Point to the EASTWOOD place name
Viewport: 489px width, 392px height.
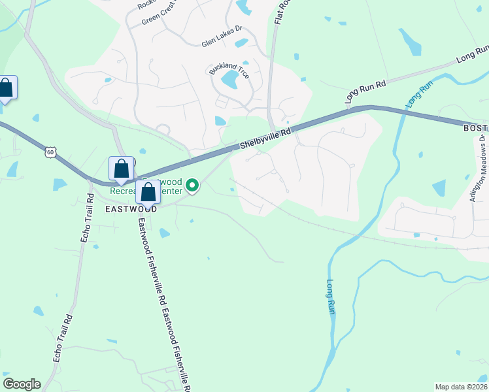pos(131,209)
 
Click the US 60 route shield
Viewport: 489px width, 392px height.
pos(51,152)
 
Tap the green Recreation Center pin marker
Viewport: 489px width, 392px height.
pos(192,187)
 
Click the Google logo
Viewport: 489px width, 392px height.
pos(22,384)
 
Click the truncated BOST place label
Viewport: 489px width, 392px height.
pos(475,129)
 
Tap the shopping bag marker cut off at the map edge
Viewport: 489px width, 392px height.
pos(7,88)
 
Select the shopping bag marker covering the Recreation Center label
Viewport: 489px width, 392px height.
pos(148,193)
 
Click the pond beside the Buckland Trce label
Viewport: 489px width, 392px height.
pos(229,80)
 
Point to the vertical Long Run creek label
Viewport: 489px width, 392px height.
pos(330,297)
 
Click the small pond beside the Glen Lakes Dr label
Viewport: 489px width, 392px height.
pos(241,43)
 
